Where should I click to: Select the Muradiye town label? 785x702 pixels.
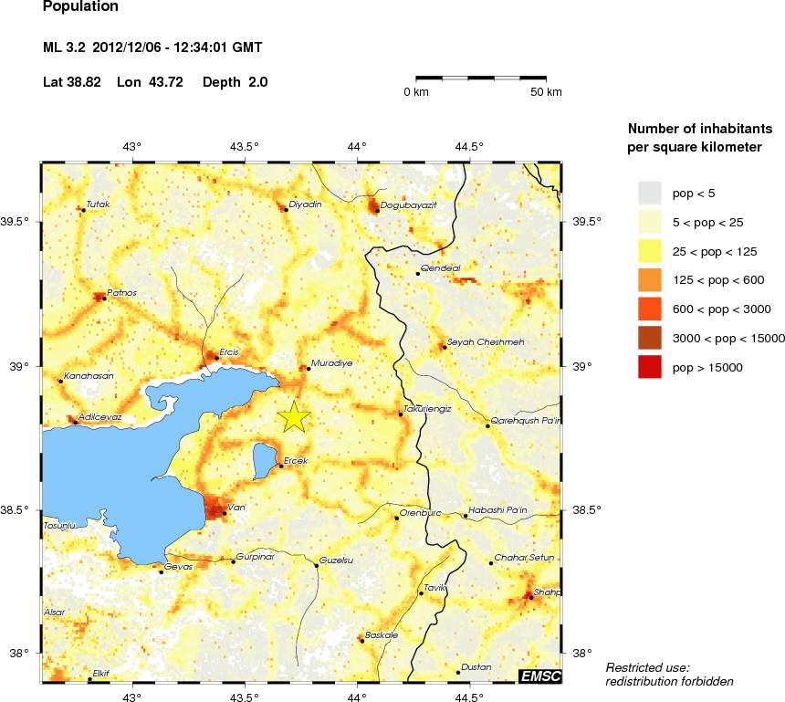pyautogui.click(x=331, y=362)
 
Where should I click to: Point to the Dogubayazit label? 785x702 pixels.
pyautogui.click(x=408, y=205)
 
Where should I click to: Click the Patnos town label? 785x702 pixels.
pyautogui.click(x=121, y=292)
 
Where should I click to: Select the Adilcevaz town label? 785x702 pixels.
pyautogui.click(x=99, y=416)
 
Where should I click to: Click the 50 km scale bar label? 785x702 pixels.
pyautogui.click(x=547, y=92)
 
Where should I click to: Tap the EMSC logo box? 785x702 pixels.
pyautogui.click(x=539, y=676)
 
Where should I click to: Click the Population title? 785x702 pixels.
pyautogui.click(x=80, y=7)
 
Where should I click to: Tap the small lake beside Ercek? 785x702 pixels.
pyautogui.click(x=265, y=460)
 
